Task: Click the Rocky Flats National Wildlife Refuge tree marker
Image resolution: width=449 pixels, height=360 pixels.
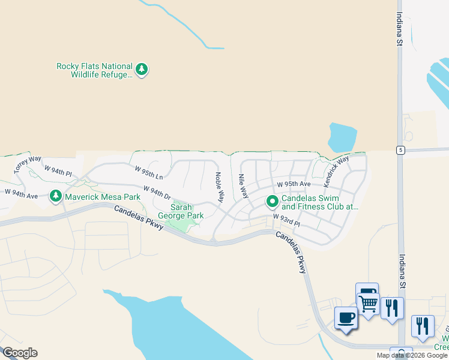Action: click(142, 70)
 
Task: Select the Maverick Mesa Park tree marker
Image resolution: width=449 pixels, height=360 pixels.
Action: click(56, 196)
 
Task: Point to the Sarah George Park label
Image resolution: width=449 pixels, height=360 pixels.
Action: click(180, 211)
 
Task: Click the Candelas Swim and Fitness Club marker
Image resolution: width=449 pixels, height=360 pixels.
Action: click(272, 201)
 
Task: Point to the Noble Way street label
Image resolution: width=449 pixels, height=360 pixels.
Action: click(219, 187)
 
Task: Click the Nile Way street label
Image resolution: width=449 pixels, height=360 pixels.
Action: click(243, 186)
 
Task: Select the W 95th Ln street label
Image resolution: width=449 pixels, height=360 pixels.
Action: click(149, 173)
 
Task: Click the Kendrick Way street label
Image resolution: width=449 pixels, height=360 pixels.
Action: click(336, 170)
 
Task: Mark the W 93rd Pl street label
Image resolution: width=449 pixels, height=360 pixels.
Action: click(286, 219)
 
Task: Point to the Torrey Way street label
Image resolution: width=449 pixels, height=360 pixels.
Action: click(28, 165)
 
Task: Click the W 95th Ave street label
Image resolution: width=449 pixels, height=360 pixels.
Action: click(294, 184)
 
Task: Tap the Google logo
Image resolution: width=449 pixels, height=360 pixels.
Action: click(20, 353)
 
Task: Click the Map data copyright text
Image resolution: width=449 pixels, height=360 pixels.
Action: click(412, 355)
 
